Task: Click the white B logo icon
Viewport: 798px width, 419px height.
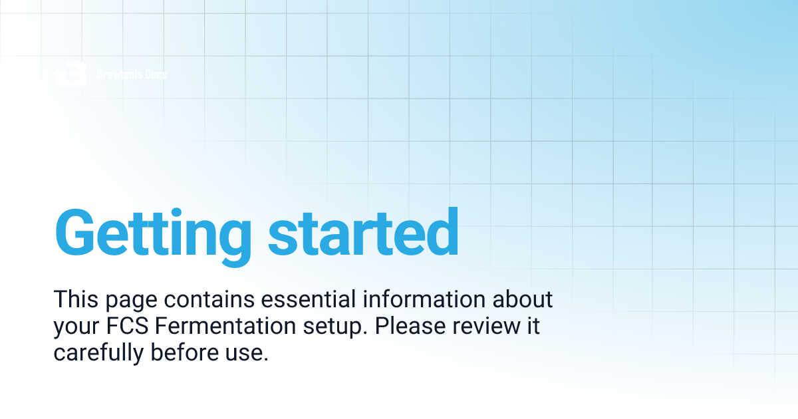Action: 71,74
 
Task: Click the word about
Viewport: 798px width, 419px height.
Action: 523,299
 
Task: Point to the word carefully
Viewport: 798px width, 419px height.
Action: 98,354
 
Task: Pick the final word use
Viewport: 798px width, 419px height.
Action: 249,354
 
